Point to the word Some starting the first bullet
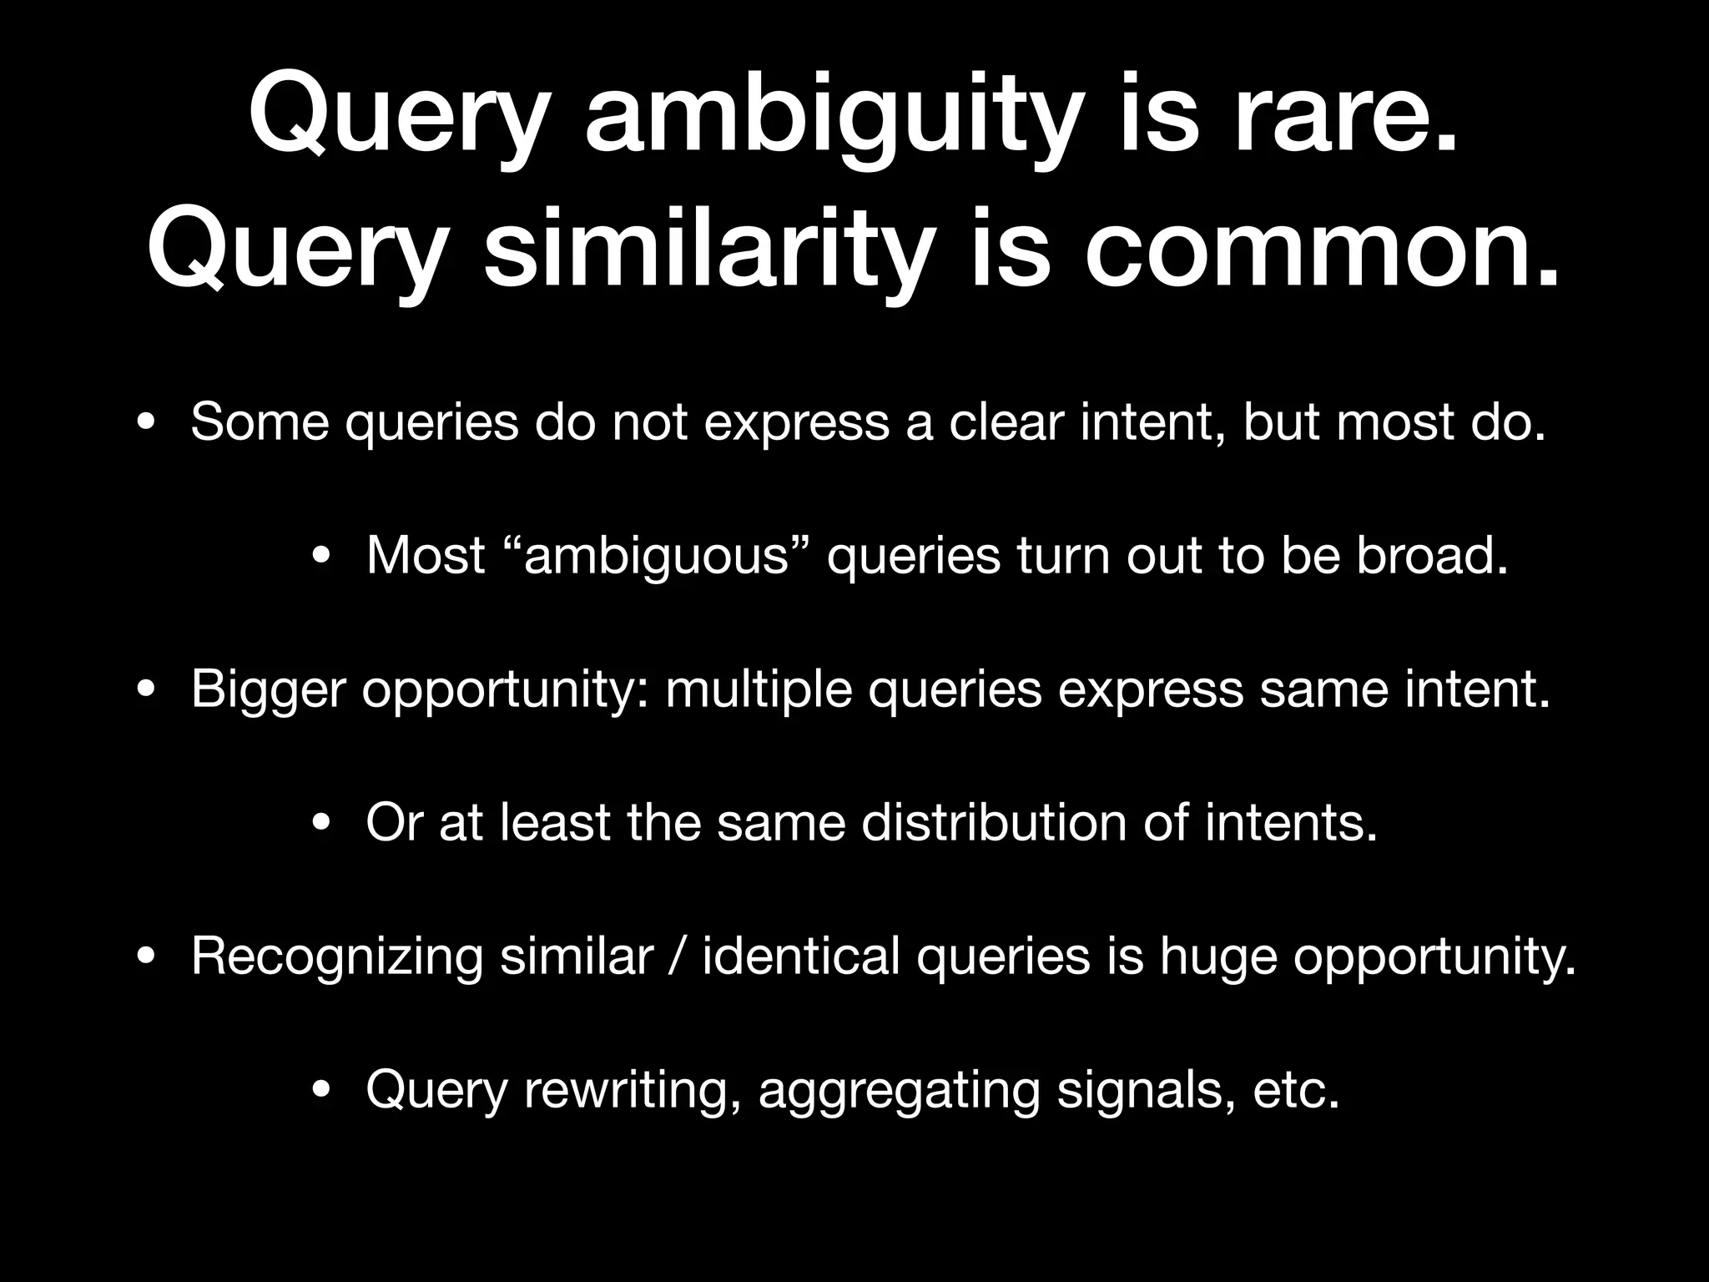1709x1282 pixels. coord(260,421)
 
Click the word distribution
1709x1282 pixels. coord(993,823)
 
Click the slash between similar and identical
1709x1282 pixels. coord(678,956)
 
